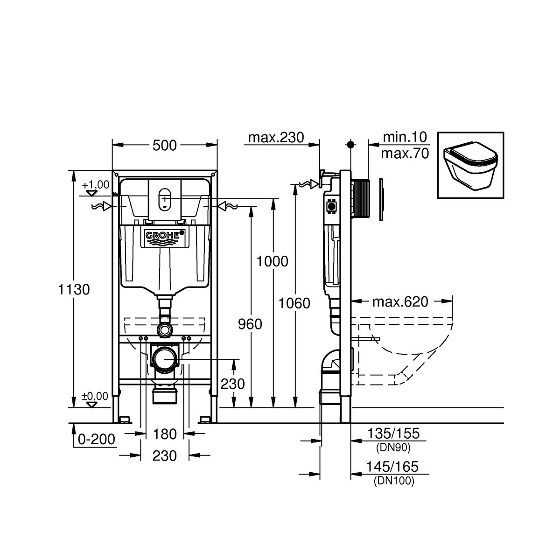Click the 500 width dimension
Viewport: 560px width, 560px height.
click(165, 146)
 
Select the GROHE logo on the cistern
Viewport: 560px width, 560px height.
click(163, 237)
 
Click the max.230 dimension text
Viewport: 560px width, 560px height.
click(276, 137)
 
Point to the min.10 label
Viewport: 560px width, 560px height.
click(405, 137)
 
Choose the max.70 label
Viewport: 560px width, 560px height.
click(405, 154)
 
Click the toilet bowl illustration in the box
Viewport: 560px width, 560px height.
click(470, 166)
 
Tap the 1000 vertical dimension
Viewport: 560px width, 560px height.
click(273, 261)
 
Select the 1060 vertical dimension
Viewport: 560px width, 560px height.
click(294, 303)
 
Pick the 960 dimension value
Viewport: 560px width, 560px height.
click(250, 324)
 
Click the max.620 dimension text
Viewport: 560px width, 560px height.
click(400, 302)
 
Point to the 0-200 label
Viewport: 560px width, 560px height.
click(97, 439)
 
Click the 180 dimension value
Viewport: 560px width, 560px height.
click(165, 434)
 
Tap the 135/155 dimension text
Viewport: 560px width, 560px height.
click(393, 434)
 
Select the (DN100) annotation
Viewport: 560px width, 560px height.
click(393, 482)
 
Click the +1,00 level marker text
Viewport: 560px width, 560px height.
click(96, 185)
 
